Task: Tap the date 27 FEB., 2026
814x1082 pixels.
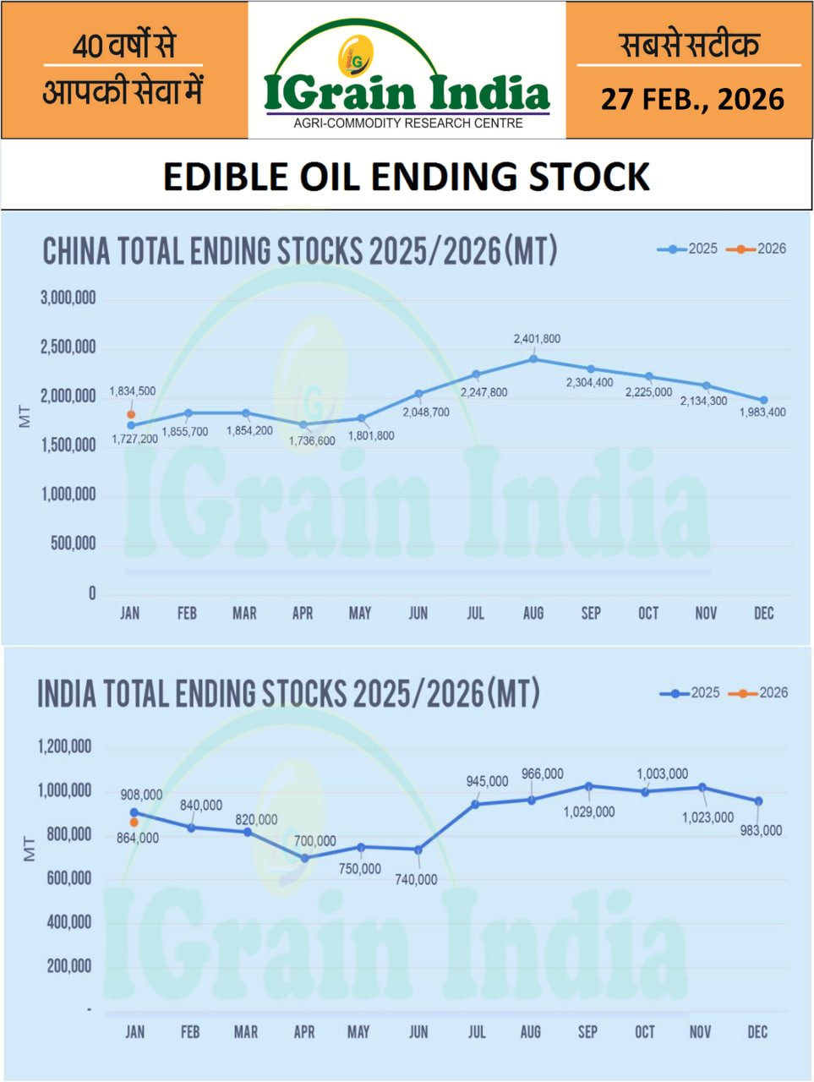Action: click(x=692, y=100)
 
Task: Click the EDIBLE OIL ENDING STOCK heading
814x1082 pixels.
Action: click(x=407, y=177)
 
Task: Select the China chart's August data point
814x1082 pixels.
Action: click(x=533, y=358)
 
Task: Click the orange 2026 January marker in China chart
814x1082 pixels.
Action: click(x=131, y=414)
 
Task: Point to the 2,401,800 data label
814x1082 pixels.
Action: click(x=537, y=339)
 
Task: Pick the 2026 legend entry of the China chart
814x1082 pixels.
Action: click(x=762, y=249)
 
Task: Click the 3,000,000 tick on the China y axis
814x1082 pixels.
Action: click(x=68, y=298)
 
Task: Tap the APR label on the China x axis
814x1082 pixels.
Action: click(x=303, y=614)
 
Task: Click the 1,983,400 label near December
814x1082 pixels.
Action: click(x=762, y=413)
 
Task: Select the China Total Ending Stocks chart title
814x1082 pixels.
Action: click(x=300, y=252)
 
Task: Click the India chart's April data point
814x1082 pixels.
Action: click(x=304, y=857)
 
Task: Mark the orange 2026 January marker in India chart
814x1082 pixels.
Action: click(x=134, y=822)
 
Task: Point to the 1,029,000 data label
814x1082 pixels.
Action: click(x=589, y=811)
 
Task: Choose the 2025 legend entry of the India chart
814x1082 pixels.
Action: click(x=691, y=692)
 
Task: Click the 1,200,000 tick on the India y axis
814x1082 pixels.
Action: click(x=64, y=746)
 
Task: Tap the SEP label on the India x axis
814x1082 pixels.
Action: click(x=587, y=1031)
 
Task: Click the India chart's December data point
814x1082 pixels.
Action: click(x=758, y=801)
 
